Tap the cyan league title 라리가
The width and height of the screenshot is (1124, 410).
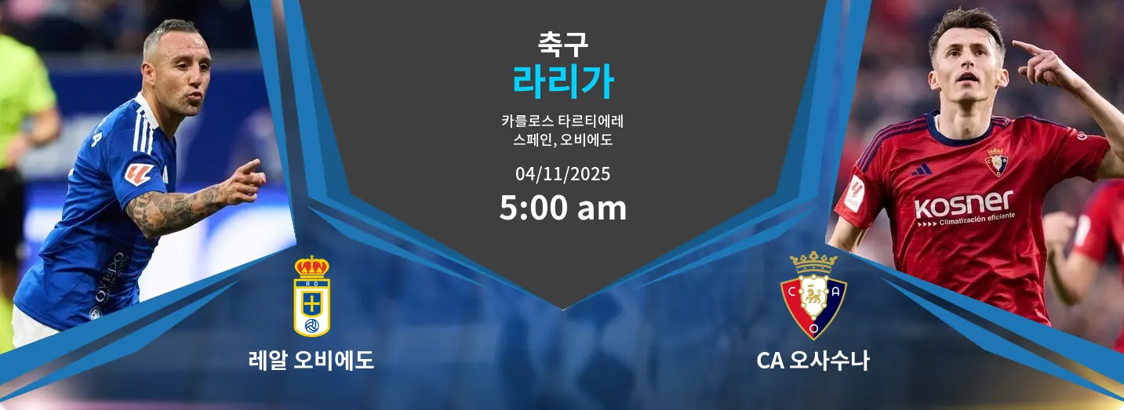(562, 82)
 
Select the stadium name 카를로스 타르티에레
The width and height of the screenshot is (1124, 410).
(562, 122)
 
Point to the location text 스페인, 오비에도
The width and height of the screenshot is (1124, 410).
(562, 141)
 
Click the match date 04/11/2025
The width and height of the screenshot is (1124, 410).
(562, 173)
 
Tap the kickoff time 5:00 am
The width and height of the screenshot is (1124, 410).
(562, 209)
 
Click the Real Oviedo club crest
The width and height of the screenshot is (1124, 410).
(311, 296)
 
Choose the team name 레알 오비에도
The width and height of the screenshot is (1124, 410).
(311, 361)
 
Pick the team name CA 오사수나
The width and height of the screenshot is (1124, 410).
(813, 361)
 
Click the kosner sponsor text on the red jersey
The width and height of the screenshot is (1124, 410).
(963, 205)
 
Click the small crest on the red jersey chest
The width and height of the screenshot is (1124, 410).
(996, 162)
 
